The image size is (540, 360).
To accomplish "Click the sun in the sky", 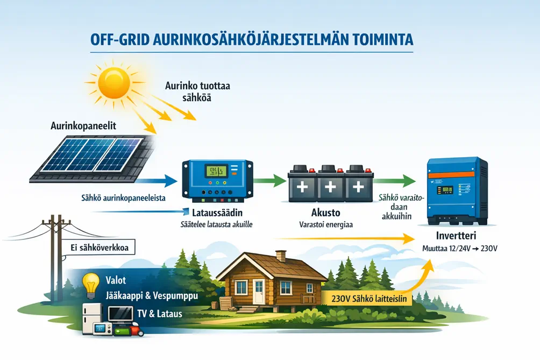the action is [x=114, y=83].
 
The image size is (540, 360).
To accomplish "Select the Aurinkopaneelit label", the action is [x=83, y=125].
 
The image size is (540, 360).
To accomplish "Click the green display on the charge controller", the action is [x=216, y=171].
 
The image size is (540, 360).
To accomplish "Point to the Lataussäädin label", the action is [x=217, y=212].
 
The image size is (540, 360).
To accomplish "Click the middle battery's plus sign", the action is [x=330, y=187].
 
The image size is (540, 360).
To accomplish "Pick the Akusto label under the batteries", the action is [x=326, y=212].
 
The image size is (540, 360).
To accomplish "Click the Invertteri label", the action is [x=456, y=236].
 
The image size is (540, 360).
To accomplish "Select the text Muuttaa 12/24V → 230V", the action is [x=460, y=249].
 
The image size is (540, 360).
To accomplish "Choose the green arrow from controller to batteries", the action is [x=270, y=180].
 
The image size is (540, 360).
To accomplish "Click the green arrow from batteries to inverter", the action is [x=395, y=180].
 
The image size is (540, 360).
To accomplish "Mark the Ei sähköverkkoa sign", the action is [x=100, y=248].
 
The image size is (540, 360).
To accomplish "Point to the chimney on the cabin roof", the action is [x=281, y=256].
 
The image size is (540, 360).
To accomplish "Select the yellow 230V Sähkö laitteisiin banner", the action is [x=369, y=299].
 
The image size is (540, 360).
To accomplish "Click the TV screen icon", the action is [x=120, y=314].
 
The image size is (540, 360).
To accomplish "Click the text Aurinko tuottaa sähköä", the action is [x=197, y=91].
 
